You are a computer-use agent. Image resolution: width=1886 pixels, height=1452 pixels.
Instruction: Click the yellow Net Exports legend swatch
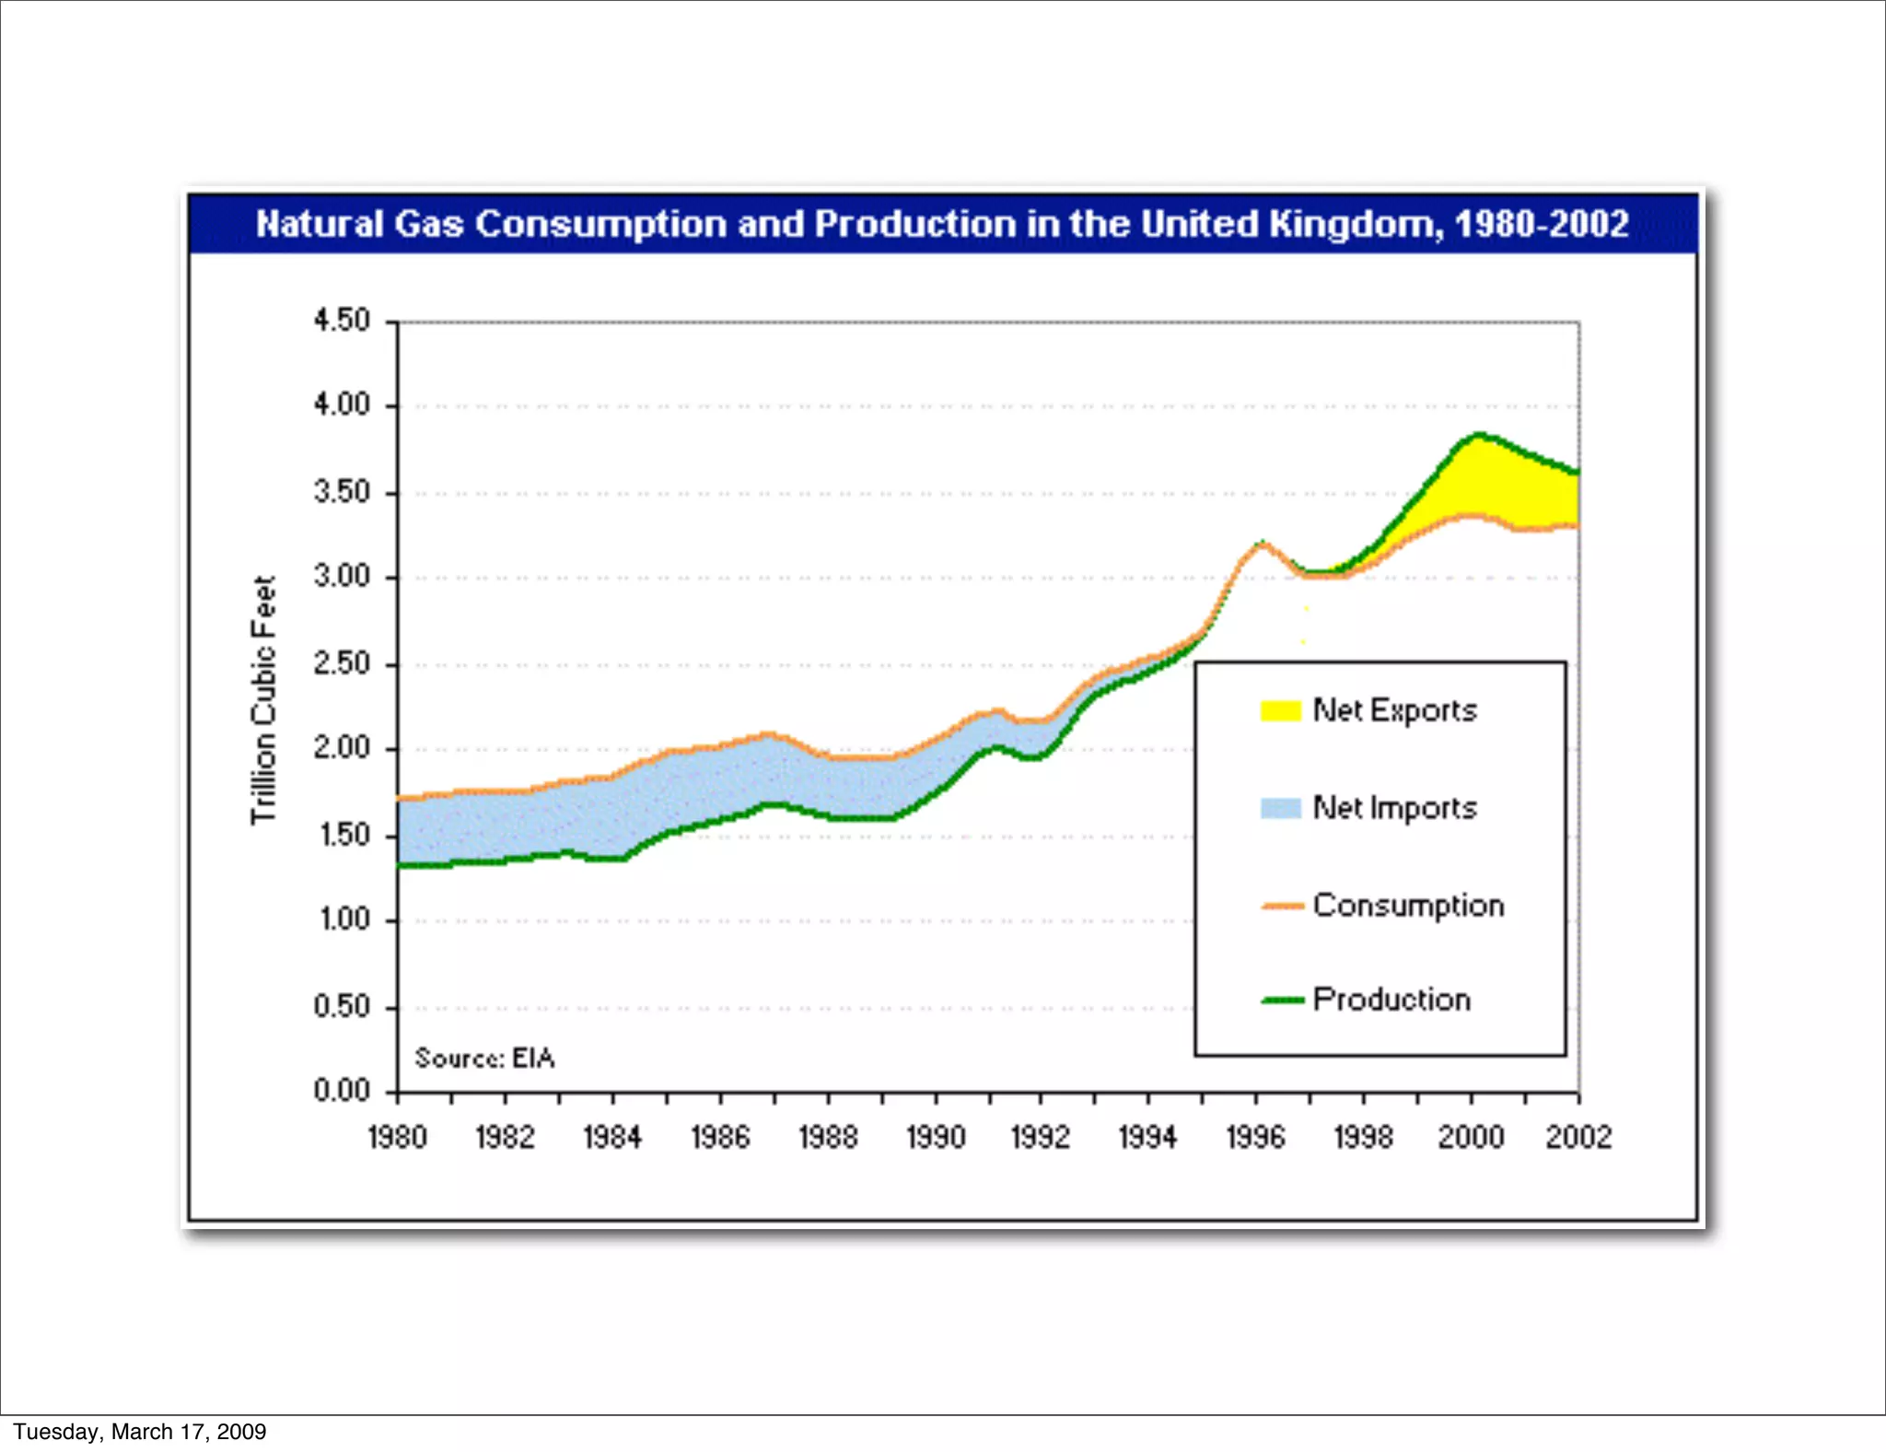[x=1280, y=710]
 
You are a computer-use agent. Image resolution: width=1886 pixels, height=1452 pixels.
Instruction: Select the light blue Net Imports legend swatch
[x=1280, y=808]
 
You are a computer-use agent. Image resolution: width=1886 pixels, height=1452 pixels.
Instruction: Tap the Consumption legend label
[x=1408, y=906]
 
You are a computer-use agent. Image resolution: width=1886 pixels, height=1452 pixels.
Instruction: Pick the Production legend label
[x=1391, y=1000]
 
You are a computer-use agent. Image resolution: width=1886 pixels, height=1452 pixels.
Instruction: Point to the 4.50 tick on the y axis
[x=342, y=321]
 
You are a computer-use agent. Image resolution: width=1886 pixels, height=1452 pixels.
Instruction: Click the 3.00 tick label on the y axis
[x=342, y=577]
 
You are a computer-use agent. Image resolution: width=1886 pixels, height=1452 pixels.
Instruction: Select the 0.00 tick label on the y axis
[x=342, y=1091]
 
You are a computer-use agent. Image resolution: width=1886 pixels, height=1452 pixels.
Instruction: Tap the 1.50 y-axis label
[x=343, y=835]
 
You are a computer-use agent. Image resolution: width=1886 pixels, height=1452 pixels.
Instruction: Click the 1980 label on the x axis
[x=397, y=1137]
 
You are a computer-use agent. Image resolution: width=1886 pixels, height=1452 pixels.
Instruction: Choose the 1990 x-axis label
[x=936, y=1137]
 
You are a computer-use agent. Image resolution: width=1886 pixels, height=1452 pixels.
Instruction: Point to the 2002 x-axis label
[x=1578, y=1137]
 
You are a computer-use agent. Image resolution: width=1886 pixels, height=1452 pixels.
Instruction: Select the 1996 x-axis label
[x=1255, y=1137]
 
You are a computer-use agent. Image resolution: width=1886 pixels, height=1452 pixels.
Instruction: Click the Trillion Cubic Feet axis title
[x=263, y=700]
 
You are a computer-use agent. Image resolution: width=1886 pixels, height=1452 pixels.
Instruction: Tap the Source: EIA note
[x=484, y=1058]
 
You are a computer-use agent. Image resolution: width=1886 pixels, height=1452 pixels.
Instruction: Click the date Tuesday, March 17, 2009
[x=139, y=1432]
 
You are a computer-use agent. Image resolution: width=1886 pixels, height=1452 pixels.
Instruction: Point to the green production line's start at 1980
[x=401, y=865]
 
